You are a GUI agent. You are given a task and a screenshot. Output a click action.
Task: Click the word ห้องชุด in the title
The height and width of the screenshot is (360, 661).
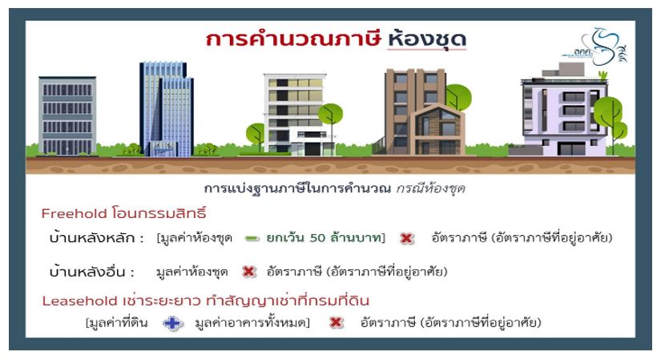(426, 38)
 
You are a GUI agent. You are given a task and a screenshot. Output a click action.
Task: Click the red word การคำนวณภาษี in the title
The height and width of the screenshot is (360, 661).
(293, 38)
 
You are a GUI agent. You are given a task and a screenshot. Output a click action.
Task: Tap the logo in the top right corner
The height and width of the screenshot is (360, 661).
(594, 47)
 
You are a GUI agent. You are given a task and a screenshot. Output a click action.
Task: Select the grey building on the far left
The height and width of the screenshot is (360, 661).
(67, 115)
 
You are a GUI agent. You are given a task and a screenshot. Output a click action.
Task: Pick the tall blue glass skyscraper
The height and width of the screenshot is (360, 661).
(167, 109)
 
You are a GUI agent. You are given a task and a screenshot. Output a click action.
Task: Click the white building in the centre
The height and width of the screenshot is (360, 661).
(295, 113)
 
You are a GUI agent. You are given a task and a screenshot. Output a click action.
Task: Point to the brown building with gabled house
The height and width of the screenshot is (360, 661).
(425, 111)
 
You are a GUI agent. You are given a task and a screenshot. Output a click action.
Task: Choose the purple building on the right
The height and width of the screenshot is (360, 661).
(565, 111)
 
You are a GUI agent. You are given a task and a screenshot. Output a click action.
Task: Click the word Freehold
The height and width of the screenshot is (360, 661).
(74, 213)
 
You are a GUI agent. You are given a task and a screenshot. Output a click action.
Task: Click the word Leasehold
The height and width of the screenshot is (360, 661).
(79, 301)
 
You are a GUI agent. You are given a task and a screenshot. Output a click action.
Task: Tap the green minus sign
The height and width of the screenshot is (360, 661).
(252, 239)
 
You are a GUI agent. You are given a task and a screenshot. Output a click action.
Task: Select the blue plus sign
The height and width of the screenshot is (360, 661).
(173, 324)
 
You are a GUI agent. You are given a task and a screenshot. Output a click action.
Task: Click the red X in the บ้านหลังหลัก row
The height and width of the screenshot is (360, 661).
(406, 238)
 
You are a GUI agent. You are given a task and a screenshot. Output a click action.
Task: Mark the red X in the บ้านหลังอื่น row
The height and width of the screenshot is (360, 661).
(249, 272)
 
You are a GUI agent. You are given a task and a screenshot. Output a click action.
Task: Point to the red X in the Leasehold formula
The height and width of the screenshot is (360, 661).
(336, 323)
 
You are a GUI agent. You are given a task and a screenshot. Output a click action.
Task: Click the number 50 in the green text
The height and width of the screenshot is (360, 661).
(317, 238)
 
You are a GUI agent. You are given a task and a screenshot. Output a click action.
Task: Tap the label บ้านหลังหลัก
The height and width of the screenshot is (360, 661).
(91, 237)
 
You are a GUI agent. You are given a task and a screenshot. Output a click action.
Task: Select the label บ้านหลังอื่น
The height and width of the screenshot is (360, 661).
(87, 271)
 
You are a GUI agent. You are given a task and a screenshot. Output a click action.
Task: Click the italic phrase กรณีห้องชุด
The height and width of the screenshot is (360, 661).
(430, 188)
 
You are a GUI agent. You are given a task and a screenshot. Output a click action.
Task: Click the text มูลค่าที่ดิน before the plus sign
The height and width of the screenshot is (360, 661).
(117, 323)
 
